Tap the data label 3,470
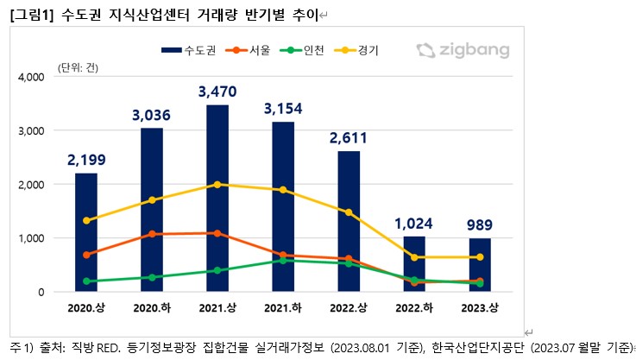click(x=217, y=91)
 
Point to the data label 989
click(x=482, y=226)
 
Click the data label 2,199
click(x=85, y=160)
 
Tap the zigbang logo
click(x=463, y=50)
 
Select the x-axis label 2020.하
click(x=151, y=309)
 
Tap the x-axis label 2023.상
click(x=482, y=309)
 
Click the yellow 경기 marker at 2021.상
click(x=217, y=185)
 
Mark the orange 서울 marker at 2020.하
click(x=151, y=234)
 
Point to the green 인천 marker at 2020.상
click(x=85, y=281)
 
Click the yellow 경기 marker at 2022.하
click(x=415, y=257)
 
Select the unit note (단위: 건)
click(x=79, y=66)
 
